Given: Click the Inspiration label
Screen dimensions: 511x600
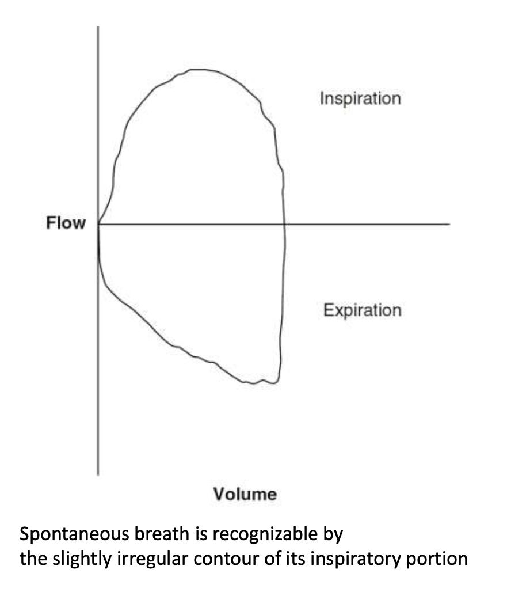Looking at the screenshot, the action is pyautogui.click(x=360, y=98).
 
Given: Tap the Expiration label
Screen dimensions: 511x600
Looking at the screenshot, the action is pyautogui.click(x=362, y=311).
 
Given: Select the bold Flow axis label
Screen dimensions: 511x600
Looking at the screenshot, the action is pyautogui.click(x=66, y=223).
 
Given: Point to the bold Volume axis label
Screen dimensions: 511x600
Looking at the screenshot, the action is pyautogui.click(x=245, y=493).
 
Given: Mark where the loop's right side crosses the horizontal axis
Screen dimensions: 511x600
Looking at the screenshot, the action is pyautogui.click(x=284, y=223).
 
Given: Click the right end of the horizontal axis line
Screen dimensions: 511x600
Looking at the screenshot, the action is pyautogui.click(x=449, y=223).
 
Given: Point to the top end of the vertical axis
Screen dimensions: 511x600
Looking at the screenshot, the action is pyautogui.click(x=98, y=26).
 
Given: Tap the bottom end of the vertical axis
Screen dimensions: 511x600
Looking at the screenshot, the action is pyautogui.click(x=98, y=474).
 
